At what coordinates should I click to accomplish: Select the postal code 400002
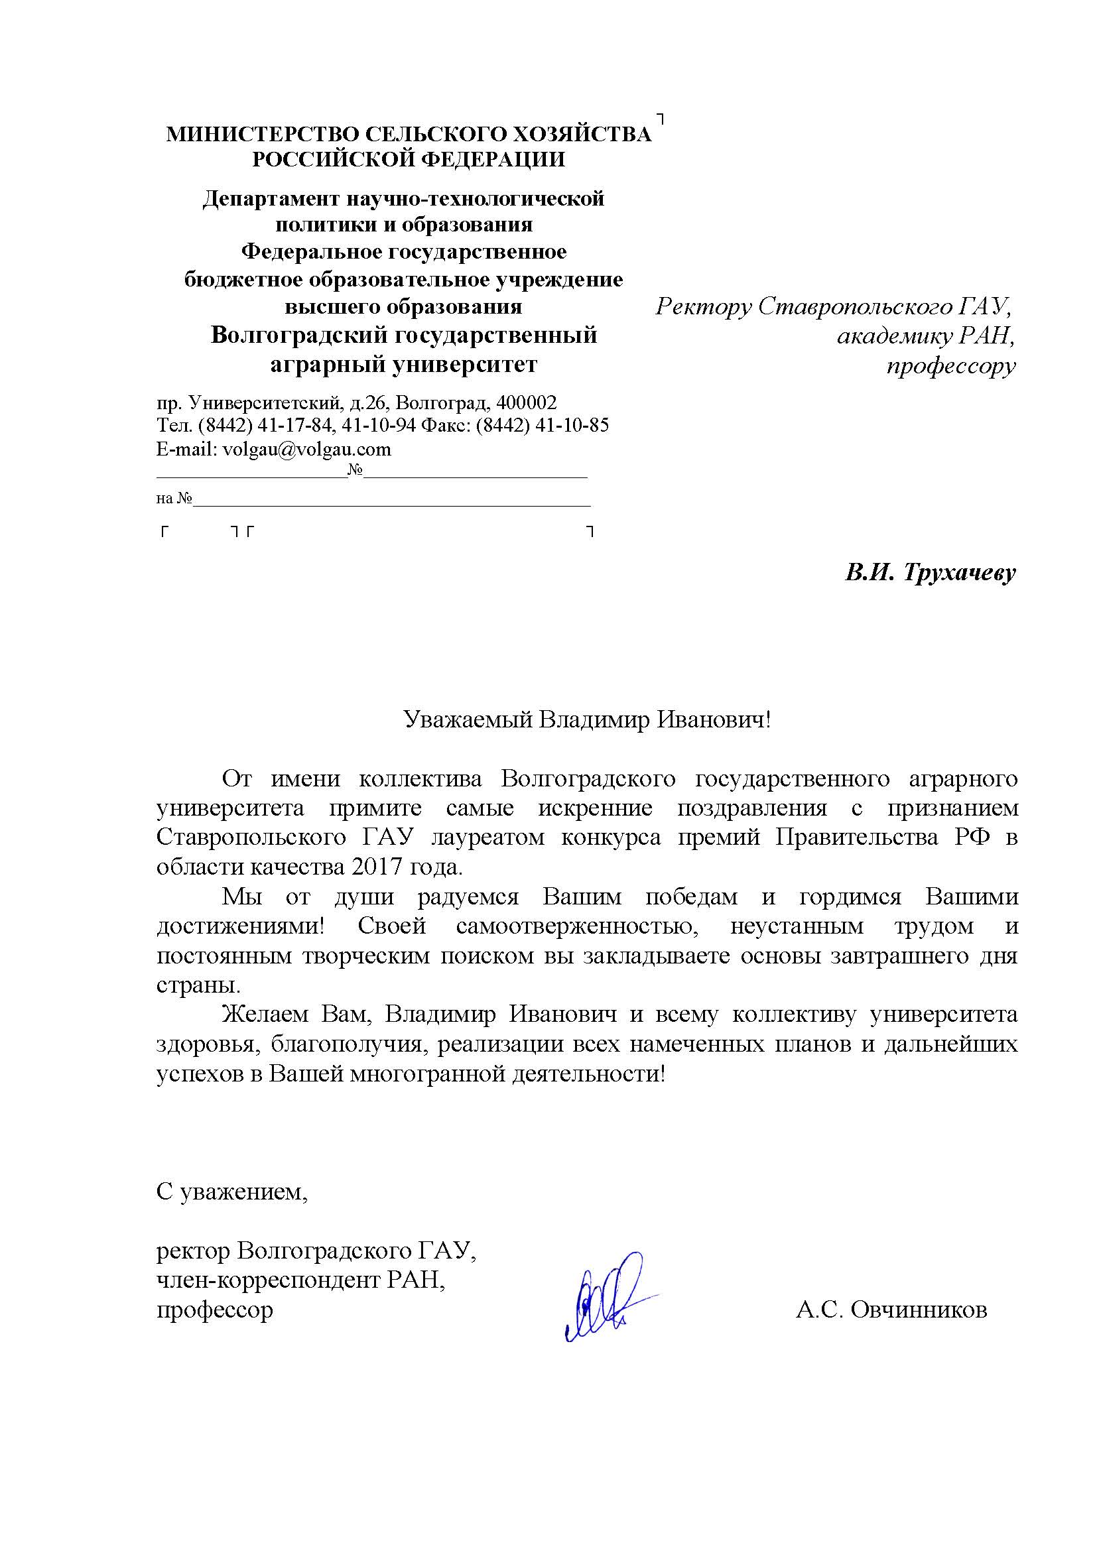tap(526, 403)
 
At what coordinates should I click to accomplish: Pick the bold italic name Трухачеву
tap(958, 574)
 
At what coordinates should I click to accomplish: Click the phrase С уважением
tap(231, 1191)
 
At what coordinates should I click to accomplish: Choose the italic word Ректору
tap(702, 307)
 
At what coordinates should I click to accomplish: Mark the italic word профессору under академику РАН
tap(950, 366)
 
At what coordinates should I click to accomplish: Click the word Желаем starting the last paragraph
tap(265, 1015)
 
